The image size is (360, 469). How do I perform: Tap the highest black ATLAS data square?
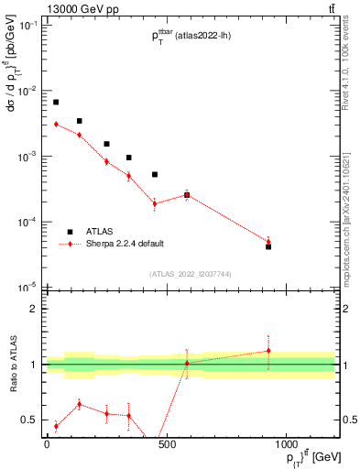(x=56, y=102)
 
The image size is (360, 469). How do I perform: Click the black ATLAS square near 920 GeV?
(x=268, y=246)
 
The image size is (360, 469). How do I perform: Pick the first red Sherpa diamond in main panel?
(x=56, y=124)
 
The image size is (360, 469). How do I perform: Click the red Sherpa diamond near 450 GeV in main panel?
(x=155, y=203)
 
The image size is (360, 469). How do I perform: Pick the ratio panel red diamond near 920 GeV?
(x=268, y=350)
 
